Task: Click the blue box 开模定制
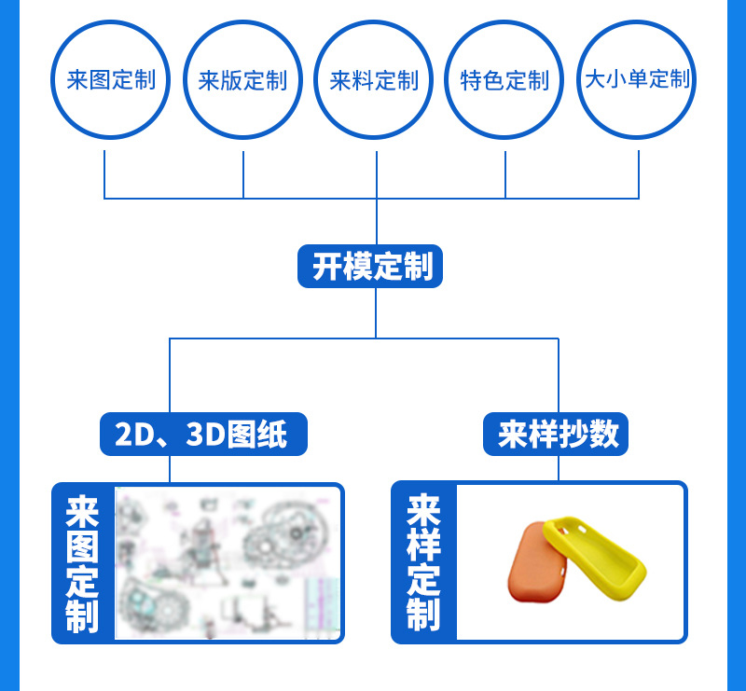click(370, 266)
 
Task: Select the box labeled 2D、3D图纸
click(203, 434)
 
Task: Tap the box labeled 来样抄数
click(556, 434)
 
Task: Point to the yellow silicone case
click(595, 558)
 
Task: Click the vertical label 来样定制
click(423, 562)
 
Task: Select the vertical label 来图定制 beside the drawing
click(82, 563)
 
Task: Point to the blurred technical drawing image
click(228, 562)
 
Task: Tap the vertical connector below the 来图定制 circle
click(104, 174)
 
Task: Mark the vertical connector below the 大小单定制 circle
click(639, 174)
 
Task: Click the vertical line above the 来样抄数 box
click(558, 376)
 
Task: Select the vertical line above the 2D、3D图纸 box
click(170, 376)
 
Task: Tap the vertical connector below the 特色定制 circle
click(504, 174)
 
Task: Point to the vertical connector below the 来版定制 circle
click(243, 174)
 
